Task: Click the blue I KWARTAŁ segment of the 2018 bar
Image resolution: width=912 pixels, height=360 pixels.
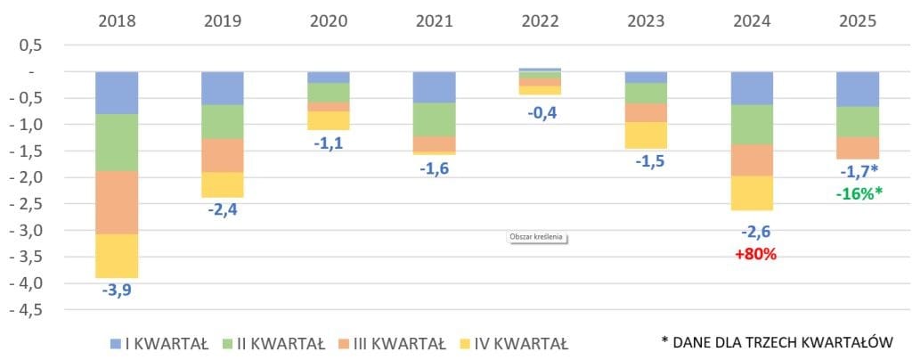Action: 117,93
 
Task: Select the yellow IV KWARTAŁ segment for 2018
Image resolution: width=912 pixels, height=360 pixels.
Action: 117,256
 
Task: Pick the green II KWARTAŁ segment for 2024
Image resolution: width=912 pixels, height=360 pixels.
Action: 753,125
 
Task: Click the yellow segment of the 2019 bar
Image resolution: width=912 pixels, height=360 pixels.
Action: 223,184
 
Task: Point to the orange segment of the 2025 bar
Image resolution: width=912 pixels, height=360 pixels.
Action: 858,147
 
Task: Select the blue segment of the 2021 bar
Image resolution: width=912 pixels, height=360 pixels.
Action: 435,87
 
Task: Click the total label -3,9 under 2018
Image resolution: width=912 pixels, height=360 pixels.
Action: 117,290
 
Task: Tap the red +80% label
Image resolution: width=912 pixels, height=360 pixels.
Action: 755,254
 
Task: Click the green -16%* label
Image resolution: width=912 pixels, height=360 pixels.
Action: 858,192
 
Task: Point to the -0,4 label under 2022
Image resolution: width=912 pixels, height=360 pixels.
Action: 541,113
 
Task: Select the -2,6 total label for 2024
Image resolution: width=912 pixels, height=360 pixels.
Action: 755,232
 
